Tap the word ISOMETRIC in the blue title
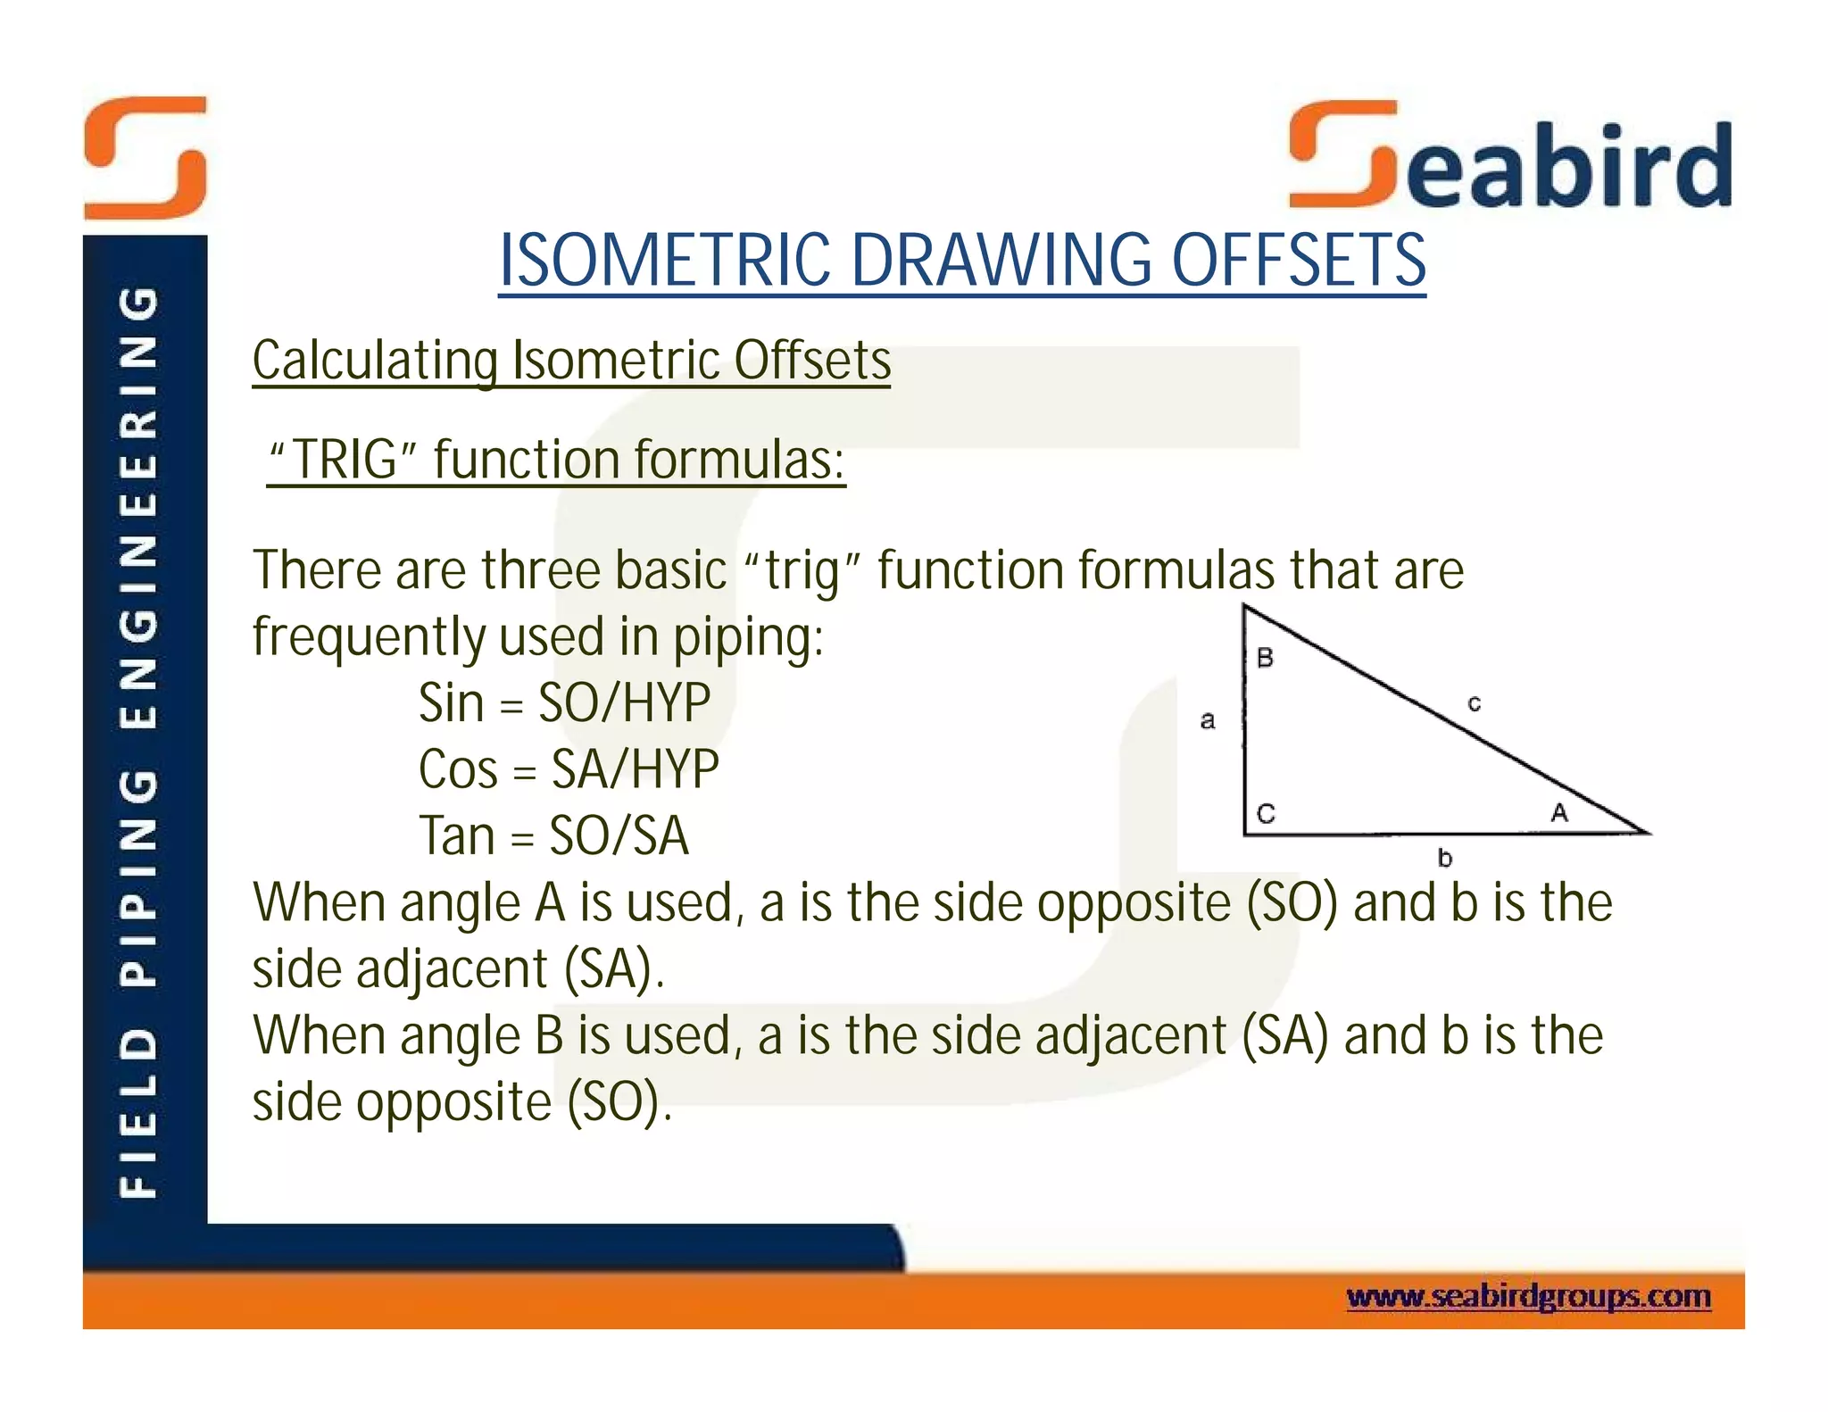pos(664,261)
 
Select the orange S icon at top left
pos(145,158)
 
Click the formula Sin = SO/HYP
pos(564,702)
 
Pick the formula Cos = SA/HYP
pos(569,768)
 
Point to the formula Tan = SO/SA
pos(554,835)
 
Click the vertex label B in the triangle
pos(1265,659)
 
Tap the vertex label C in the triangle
pos(1266,814)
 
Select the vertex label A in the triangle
pos(1558,812)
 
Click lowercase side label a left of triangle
pos(1208,719)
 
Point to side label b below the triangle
pos(1445,858)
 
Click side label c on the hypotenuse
pos(1474,704)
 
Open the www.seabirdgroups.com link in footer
pos(1528,1296)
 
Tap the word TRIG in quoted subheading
pos(345,460)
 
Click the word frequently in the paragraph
pos(368,636)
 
